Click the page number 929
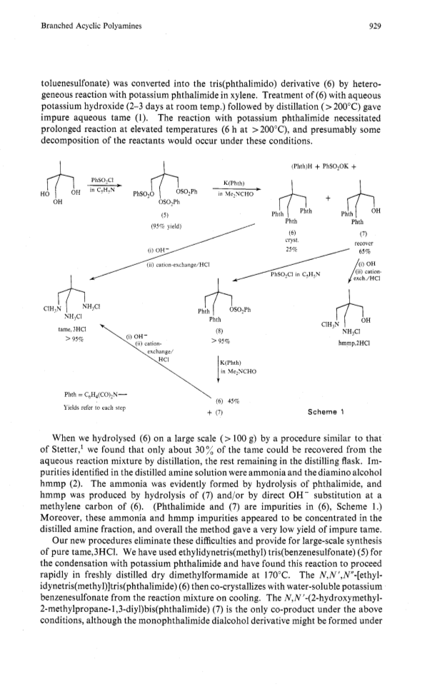coord(374,26)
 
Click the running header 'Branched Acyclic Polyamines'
coord(91,26)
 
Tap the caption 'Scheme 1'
coord(326,412)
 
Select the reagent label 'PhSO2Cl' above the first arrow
coord(102,180)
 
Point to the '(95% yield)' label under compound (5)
coord(166,227)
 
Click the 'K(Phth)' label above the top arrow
coord(234,183)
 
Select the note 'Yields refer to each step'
coord(95,408)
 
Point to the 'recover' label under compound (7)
coord(363,244)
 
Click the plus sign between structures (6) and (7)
coord(328,199)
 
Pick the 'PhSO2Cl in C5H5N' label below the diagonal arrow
coord(296,274)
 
